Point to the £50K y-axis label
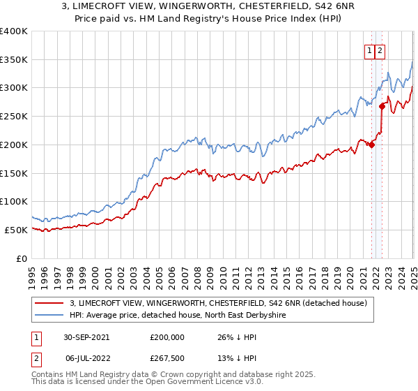point(15,230)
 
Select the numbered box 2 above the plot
point(380,50)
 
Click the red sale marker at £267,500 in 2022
point(382,107)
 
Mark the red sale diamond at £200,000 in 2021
point(372,145)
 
